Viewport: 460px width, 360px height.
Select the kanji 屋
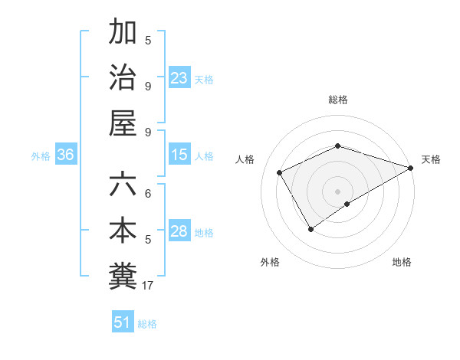(x=123, y=123)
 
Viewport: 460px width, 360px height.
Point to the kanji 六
(x=123, y=185)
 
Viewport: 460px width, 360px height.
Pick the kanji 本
(x=123, y=231)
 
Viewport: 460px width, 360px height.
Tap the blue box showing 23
(x=179, y=77)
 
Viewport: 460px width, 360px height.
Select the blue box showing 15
(x=179, y=155)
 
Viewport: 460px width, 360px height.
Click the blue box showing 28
(x=179, y=231)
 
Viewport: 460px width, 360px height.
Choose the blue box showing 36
(x=66, y=155)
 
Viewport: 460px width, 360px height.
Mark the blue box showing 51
(x=123, y=322)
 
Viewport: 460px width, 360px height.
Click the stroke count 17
(x=148, y=286)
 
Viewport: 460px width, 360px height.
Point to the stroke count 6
(x=148, y=194)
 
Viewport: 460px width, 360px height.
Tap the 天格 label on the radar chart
(x=431, y=159)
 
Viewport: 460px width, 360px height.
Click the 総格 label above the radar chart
(x=337, y=100)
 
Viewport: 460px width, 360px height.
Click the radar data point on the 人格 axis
(x=280, y=172)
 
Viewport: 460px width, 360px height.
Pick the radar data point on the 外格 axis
(x=310, y=229)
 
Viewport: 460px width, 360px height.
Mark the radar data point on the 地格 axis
(x=347, y=204)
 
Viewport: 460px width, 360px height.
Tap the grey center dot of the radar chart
(x=337, y=191)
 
